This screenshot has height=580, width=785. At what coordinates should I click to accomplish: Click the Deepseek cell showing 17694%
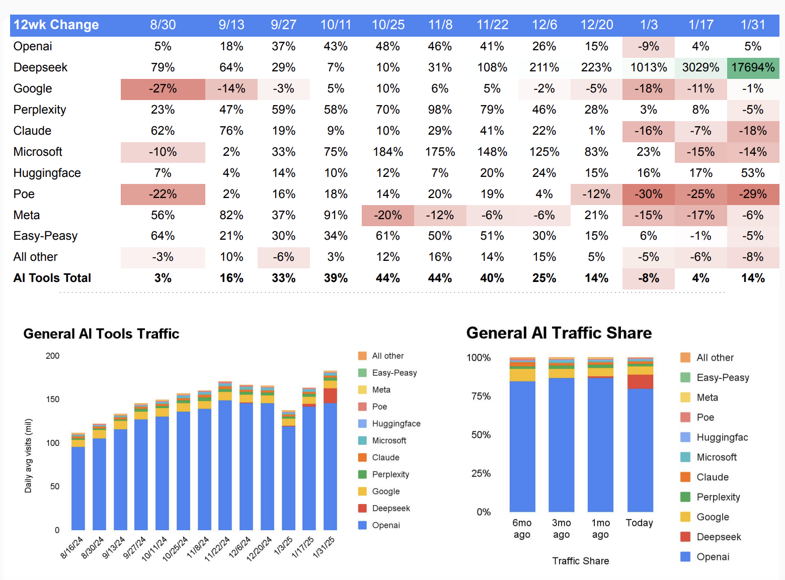(753, 67)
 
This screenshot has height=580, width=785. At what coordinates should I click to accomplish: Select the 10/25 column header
(388, 25)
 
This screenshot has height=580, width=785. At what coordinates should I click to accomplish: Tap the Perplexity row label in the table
(40, 110)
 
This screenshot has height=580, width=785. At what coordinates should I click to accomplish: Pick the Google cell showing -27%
(163, 88)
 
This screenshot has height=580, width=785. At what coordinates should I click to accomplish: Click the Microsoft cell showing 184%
(388, 152)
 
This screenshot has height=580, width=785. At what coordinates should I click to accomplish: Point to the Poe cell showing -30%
(648, 194)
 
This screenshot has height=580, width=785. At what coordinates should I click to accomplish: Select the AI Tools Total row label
(52, 278)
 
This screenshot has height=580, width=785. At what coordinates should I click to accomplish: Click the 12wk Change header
(56, 25)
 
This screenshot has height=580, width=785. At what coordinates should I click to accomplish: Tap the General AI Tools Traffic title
(101, 334)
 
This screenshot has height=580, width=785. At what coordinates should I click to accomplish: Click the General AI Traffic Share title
(559, 333)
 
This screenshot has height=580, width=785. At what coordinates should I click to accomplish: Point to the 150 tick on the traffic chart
(53, 399)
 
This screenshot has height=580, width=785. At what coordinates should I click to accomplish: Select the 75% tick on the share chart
(481, 396)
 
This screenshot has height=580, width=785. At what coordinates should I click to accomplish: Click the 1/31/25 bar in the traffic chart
(330, 452)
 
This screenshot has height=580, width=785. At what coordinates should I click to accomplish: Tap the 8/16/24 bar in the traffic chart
(78, 482)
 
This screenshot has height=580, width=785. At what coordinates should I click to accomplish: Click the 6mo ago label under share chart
(522, 529)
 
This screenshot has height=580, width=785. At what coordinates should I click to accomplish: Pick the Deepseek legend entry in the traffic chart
(391, 508)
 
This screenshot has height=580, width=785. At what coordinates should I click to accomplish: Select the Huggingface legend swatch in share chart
(685, 437)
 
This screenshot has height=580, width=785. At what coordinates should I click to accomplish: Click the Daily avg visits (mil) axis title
(29, 455)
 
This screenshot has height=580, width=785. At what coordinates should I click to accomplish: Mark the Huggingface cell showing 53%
(753, 173)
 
